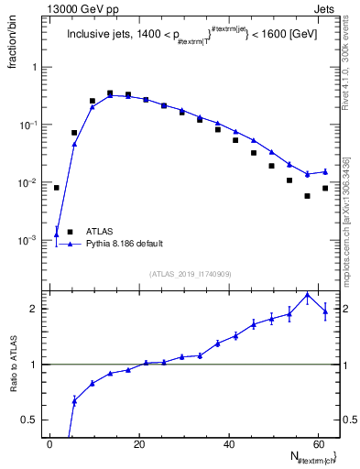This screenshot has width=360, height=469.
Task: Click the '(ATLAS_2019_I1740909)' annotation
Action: pos(191,274)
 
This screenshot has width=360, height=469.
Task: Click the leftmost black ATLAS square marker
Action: pos(57,188)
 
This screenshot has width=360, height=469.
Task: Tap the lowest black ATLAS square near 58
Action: pos(308,196)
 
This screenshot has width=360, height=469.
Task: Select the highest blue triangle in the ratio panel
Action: pos(308,296)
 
